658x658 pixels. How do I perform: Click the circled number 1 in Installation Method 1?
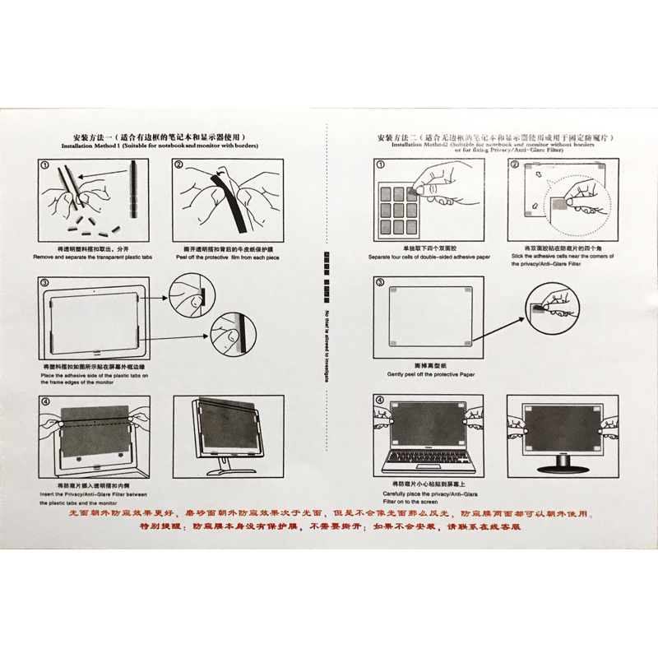[44, 164]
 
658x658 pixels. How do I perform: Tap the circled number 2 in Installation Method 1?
[178, 164]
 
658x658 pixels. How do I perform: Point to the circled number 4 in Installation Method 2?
[379, 401]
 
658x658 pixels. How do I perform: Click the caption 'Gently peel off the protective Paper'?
[430, 374]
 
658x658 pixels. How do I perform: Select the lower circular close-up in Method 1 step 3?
[230, 335]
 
